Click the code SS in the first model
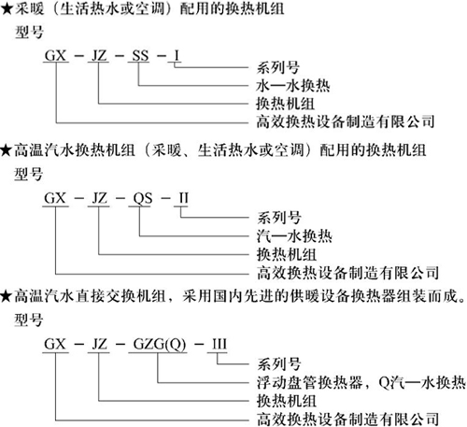(x=140, y=56)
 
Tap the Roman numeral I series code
(x=177, y=56)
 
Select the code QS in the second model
(x=143, y=198)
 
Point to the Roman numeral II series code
(x=184, y=198)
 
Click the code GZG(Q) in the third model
(x=160, y=345)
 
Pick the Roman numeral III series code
(x=219, y=344)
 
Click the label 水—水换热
(x=292, y=86)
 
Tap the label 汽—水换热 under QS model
(x=294, y=236)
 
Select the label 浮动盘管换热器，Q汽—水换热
(x=361, y=382)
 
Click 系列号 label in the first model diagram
(x=278, y=67)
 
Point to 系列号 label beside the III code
(x=279, y=363)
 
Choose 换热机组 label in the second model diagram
(x=287, y=254)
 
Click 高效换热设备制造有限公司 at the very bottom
(x=347, y=420)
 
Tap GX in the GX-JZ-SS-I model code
(x=55, y=56)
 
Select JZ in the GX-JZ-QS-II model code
(x=99, y=198)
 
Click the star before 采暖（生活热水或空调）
(x=7, y=8)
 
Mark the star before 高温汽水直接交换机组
(x=7, y=296)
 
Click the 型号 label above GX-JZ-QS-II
(x=28, y=174)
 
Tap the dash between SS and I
(x=162, y=56)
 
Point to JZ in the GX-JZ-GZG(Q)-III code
(x=99, y=344)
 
